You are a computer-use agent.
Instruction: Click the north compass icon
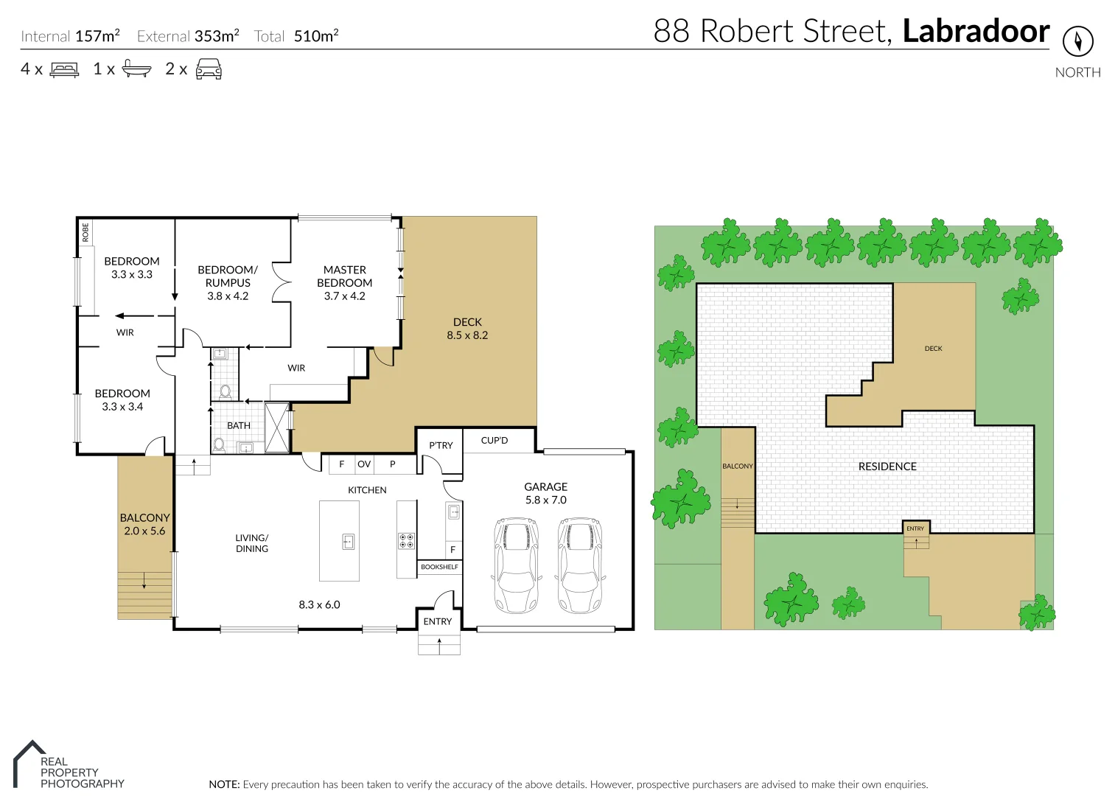1077,41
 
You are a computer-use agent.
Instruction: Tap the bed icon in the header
64,69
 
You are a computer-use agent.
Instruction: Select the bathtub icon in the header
136,69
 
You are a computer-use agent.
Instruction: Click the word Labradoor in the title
976,31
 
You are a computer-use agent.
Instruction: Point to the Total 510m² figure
315,36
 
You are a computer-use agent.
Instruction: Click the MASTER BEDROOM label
344,282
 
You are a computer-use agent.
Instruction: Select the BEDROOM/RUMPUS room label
228,282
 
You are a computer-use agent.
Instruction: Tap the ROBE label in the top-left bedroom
85,232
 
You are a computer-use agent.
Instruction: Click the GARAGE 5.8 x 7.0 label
545,493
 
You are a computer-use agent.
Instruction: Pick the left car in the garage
516,565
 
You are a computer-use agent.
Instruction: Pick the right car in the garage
580,565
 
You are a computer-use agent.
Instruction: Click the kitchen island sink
349,542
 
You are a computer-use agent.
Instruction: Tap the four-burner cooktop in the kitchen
406,541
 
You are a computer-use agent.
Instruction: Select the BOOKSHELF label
439,567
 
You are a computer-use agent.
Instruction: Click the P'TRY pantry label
441,445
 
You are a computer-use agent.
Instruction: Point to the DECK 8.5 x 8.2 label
467,328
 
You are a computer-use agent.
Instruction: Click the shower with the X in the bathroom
277,427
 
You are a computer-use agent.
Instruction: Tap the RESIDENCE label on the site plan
887,467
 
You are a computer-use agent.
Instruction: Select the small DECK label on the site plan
933,349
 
